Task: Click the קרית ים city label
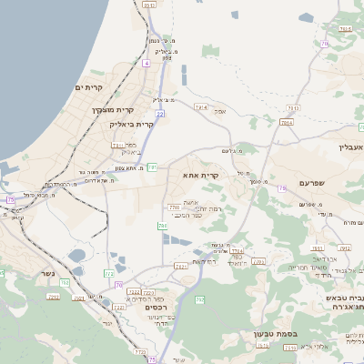[x=94, y=87]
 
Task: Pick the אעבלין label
[x=349, y=147]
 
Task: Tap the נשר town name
[x=47, y=272]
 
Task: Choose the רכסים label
[x=157, y=308]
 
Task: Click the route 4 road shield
[x=146, y=65]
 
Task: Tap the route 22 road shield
[x=160, y=114]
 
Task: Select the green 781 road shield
[x=153, y=167]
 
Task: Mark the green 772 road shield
[x=109, y=273]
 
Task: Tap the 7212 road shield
[x=53, y=296]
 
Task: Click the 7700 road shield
[x=174, y=207]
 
